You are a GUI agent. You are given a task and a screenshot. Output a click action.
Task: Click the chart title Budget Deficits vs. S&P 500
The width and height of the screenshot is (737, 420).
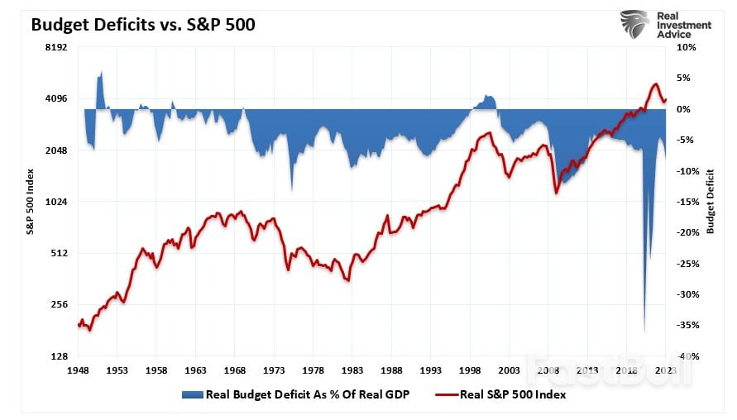click(142, 25)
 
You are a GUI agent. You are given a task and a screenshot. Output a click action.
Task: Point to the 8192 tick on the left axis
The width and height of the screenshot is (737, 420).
click(55, 48)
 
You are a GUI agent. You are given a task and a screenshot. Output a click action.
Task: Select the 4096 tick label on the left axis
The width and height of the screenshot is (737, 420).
click(55, 99)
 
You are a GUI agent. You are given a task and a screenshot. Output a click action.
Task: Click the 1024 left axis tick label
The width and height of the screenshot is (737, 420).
click(55, 202)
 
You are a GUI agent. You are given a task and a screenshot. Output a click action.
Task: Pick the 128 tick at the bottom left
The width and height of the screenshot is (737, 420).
click(58, 356)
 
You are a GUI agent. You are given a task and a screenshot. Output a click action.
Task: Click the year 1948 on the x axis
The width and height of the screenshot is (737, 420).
click(79, 371)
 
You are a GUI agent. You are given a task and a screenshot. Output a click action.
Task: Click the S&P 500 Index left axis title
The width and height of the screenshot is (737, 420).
click(31, 203)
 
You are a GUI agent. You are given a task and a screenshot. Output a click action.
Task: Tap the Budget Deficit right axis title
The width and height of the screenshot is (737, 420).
click(710, 203)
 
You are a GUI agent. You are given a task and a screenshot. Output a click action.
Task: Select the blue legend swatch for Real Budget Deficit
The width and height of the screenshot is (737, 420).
click(193, 395)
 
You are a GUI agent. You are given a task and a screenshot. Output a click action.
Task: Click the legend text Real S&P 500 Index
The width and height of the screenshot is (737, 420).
click(512, 395)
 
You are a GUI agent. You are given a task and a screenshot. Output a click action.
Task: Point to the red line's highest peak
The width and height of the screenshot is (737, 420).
click(655, 84)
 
